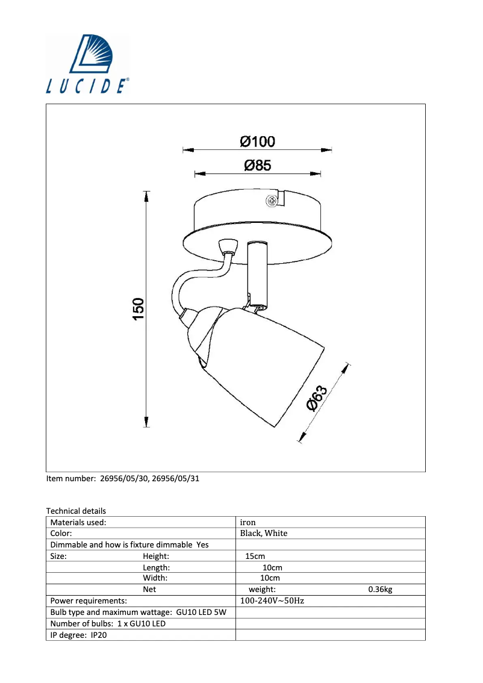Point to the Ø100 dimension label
[x=257, y=142]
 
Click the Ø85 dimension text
[x=257, y=166]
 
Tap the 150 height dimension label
[x=139, y=308]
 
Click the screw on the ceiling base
[x=272, y=201]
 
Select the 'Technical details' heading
[x=76, y=511]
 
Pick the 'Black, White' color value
[x=264, y=533]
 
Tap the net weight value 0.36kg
[x=380, y=590]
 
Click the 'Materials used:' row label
[x=78, y=522]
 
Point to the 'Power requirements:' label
[x=89, y=600]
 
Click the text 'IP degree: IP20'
[x=78, y=635]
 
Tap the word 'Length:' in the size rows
[x=157, y=567]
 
